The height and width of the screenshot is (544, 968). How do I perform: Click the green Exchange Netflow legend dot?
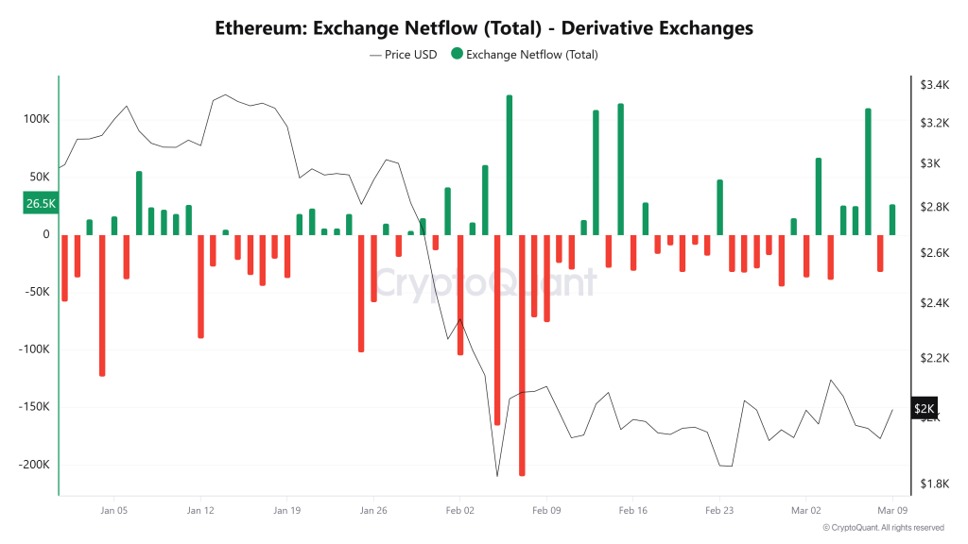(458, 55)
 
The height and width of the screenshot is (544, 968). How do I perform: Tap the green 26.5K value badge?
(41, 203)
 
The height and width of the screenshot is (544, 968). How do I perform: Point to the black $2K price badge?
(925, 409)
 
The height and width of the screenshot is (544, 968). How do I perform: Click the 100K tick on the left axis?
(37, 119)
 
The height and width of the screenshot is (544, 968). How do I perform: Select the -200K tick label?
(33, 465)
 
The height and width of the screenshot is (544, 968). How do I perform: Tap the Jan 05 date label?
(113, 510)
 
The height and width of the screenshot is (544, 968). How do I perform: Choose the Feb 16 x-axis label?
(632, 510)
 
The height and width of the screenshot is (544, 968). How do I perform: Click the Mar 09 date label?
(892, 510)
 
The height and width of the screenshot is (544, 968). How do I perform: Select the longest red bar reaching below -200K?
(522, 359)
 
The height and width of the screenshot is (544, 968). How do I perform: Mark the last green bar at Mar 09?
(892, 219)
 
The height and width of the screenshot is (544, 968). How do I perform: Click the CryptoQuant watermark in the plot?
(482, 281)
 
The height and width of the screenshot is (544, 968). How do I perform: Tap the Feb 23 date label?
(719, 510)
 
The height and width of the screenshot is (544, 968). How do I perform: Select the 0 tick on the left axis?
(45, 234)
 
